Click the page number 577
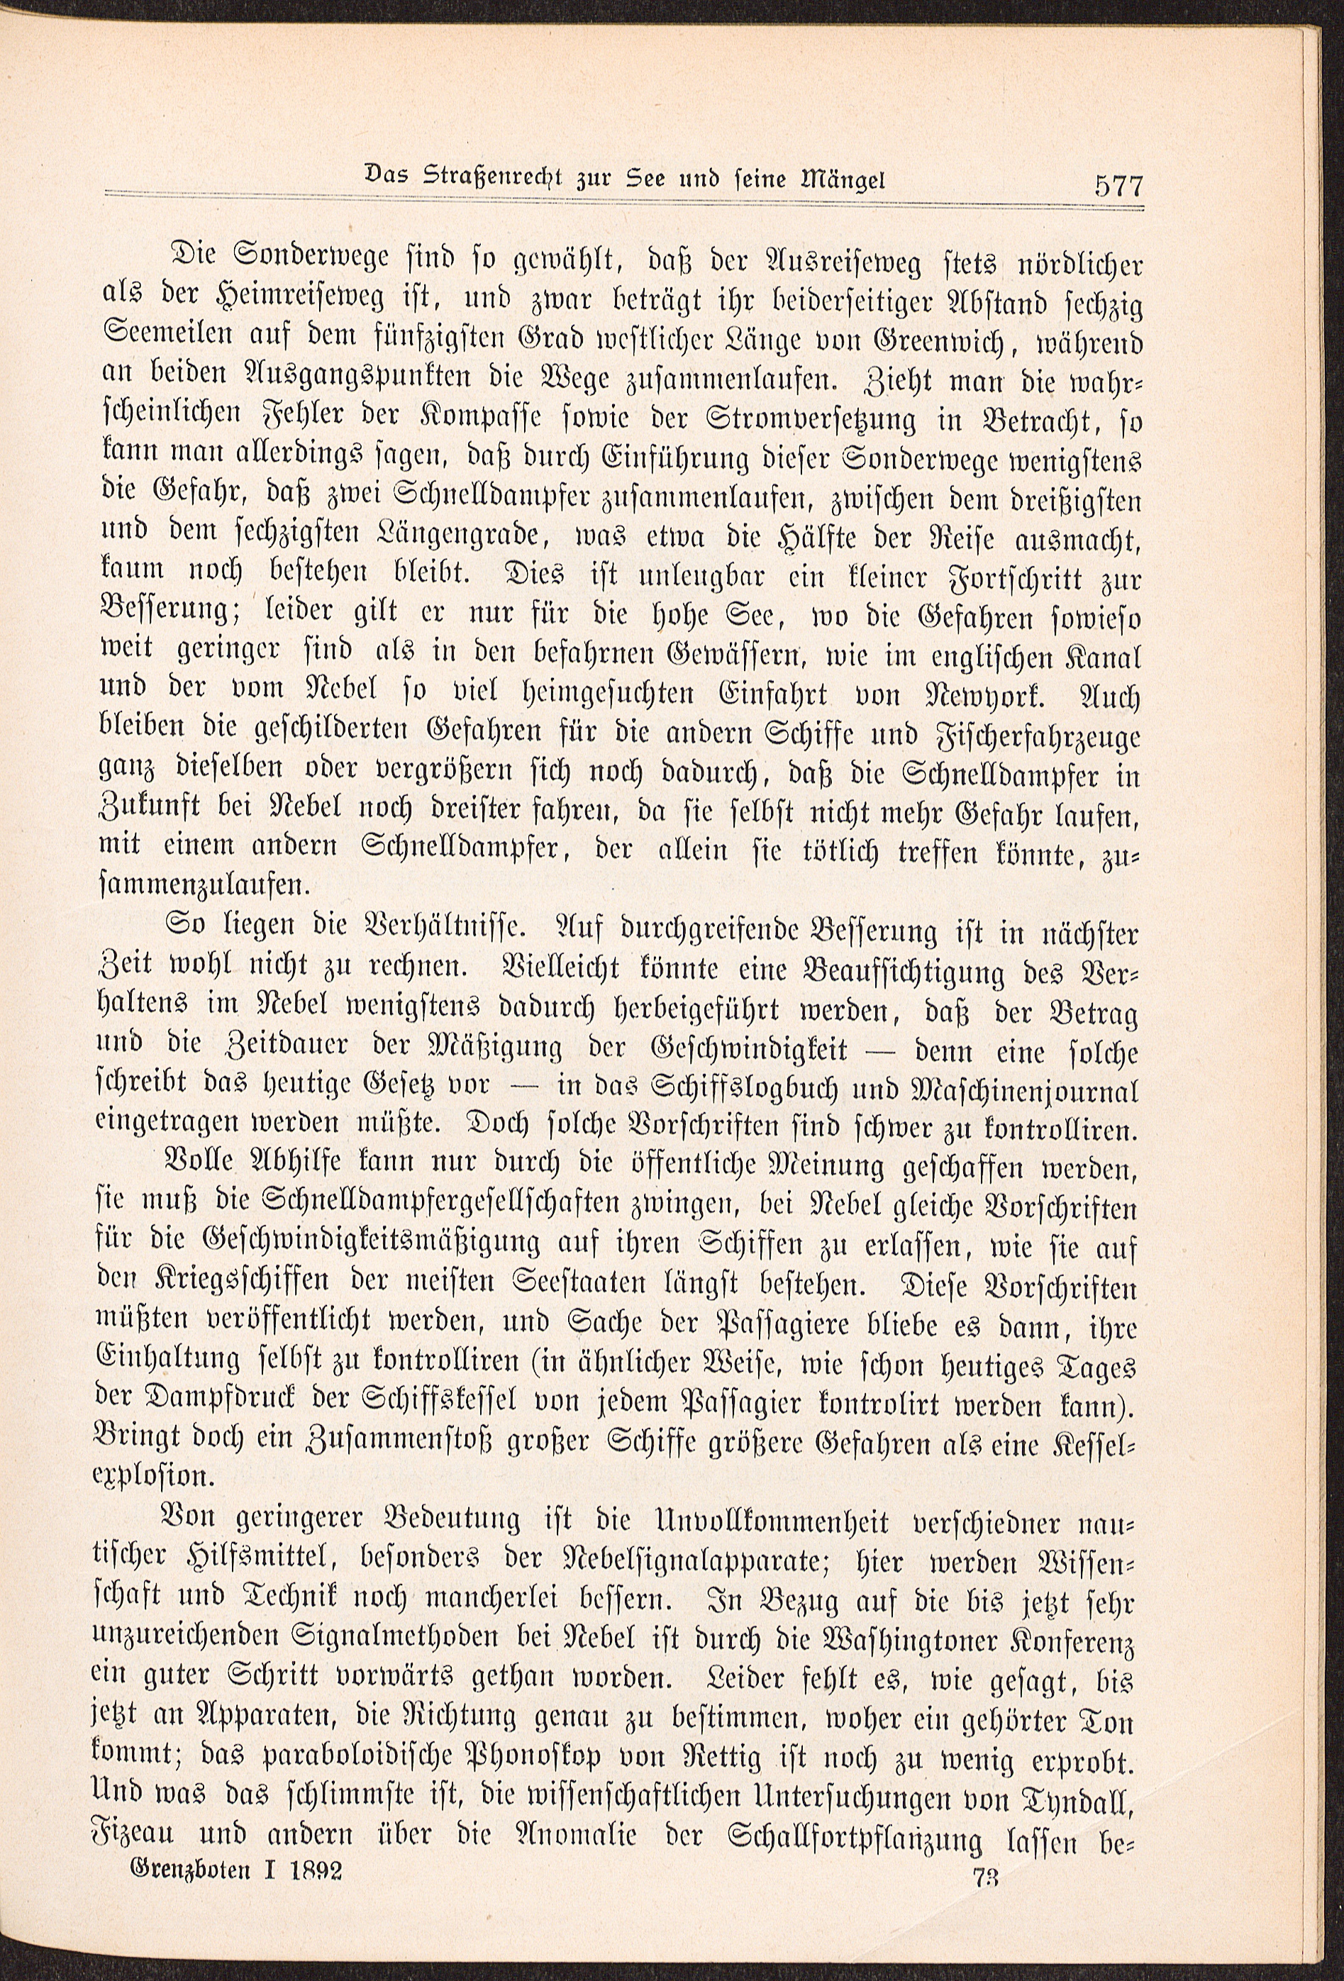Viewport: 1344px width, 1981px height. click(1117, 186)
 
